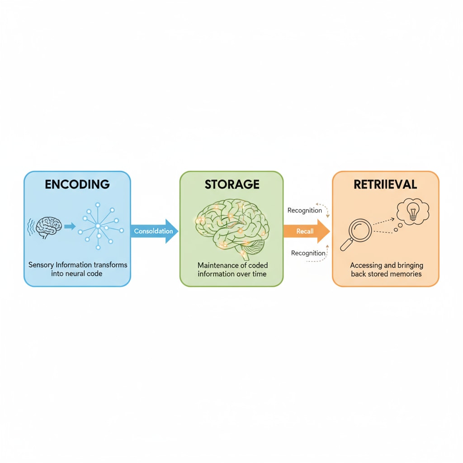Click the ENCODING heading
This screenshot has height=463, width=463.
pos(77,184)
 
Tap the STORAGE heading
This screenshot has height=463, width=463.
pos(232,184)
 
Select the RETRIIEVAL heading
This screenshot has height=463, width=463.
pos(386,184)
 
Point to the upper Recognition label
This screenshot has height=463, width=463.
pos(305,210)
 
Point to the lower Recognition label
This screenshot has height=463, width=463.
pos(308,253)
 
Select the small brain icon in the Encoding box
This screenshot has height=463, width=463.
pos(48,226)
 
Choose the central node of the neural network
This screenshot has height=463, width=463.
pos(98,226)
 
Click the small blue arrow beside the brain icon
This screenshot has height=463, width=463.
pos(70,226)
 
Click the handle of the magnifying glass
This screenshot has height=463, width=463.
pos(346,245)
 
